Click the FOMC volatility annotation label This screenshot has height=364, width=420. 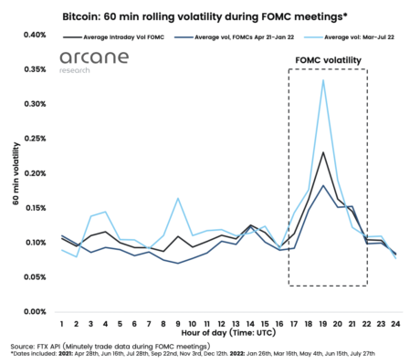(x=328, y=61)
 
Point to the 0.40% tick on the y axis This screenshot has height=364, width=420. (x=34, y=35)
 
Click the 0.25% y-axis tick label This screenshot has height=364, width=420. (x=34, y=139)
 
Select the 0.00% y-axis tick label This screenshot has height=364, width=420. (x=34, y=311)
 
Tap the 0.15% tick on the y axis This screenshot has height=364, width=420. (x=34, y=208)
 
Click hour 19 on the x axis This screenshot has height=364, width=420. (x=323, y=324)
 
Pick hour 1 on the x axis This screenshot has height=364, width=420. (x=62, y=324)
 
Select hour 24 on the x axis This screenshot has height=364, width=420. (x=396, y=324)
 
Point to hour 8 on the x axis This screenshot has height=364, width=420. (x=163, y=324)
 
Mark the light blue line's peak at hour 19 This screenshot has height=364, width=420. (x=323, y=80)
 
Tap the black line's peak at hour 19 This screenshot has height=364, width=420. (x=323, y=152)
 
